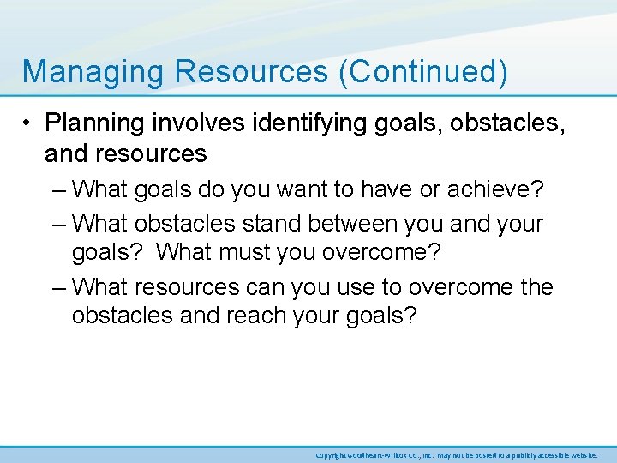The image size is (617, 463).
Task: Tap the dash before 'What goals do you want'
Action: coord(58,188)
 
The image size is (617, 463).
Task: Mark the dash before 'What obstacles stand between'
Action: coord(58,224)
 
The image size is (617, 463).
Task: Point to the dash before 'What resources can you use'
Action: coord(58,287)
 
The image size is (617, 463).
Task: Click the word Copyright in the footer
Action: coord(331,455)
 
